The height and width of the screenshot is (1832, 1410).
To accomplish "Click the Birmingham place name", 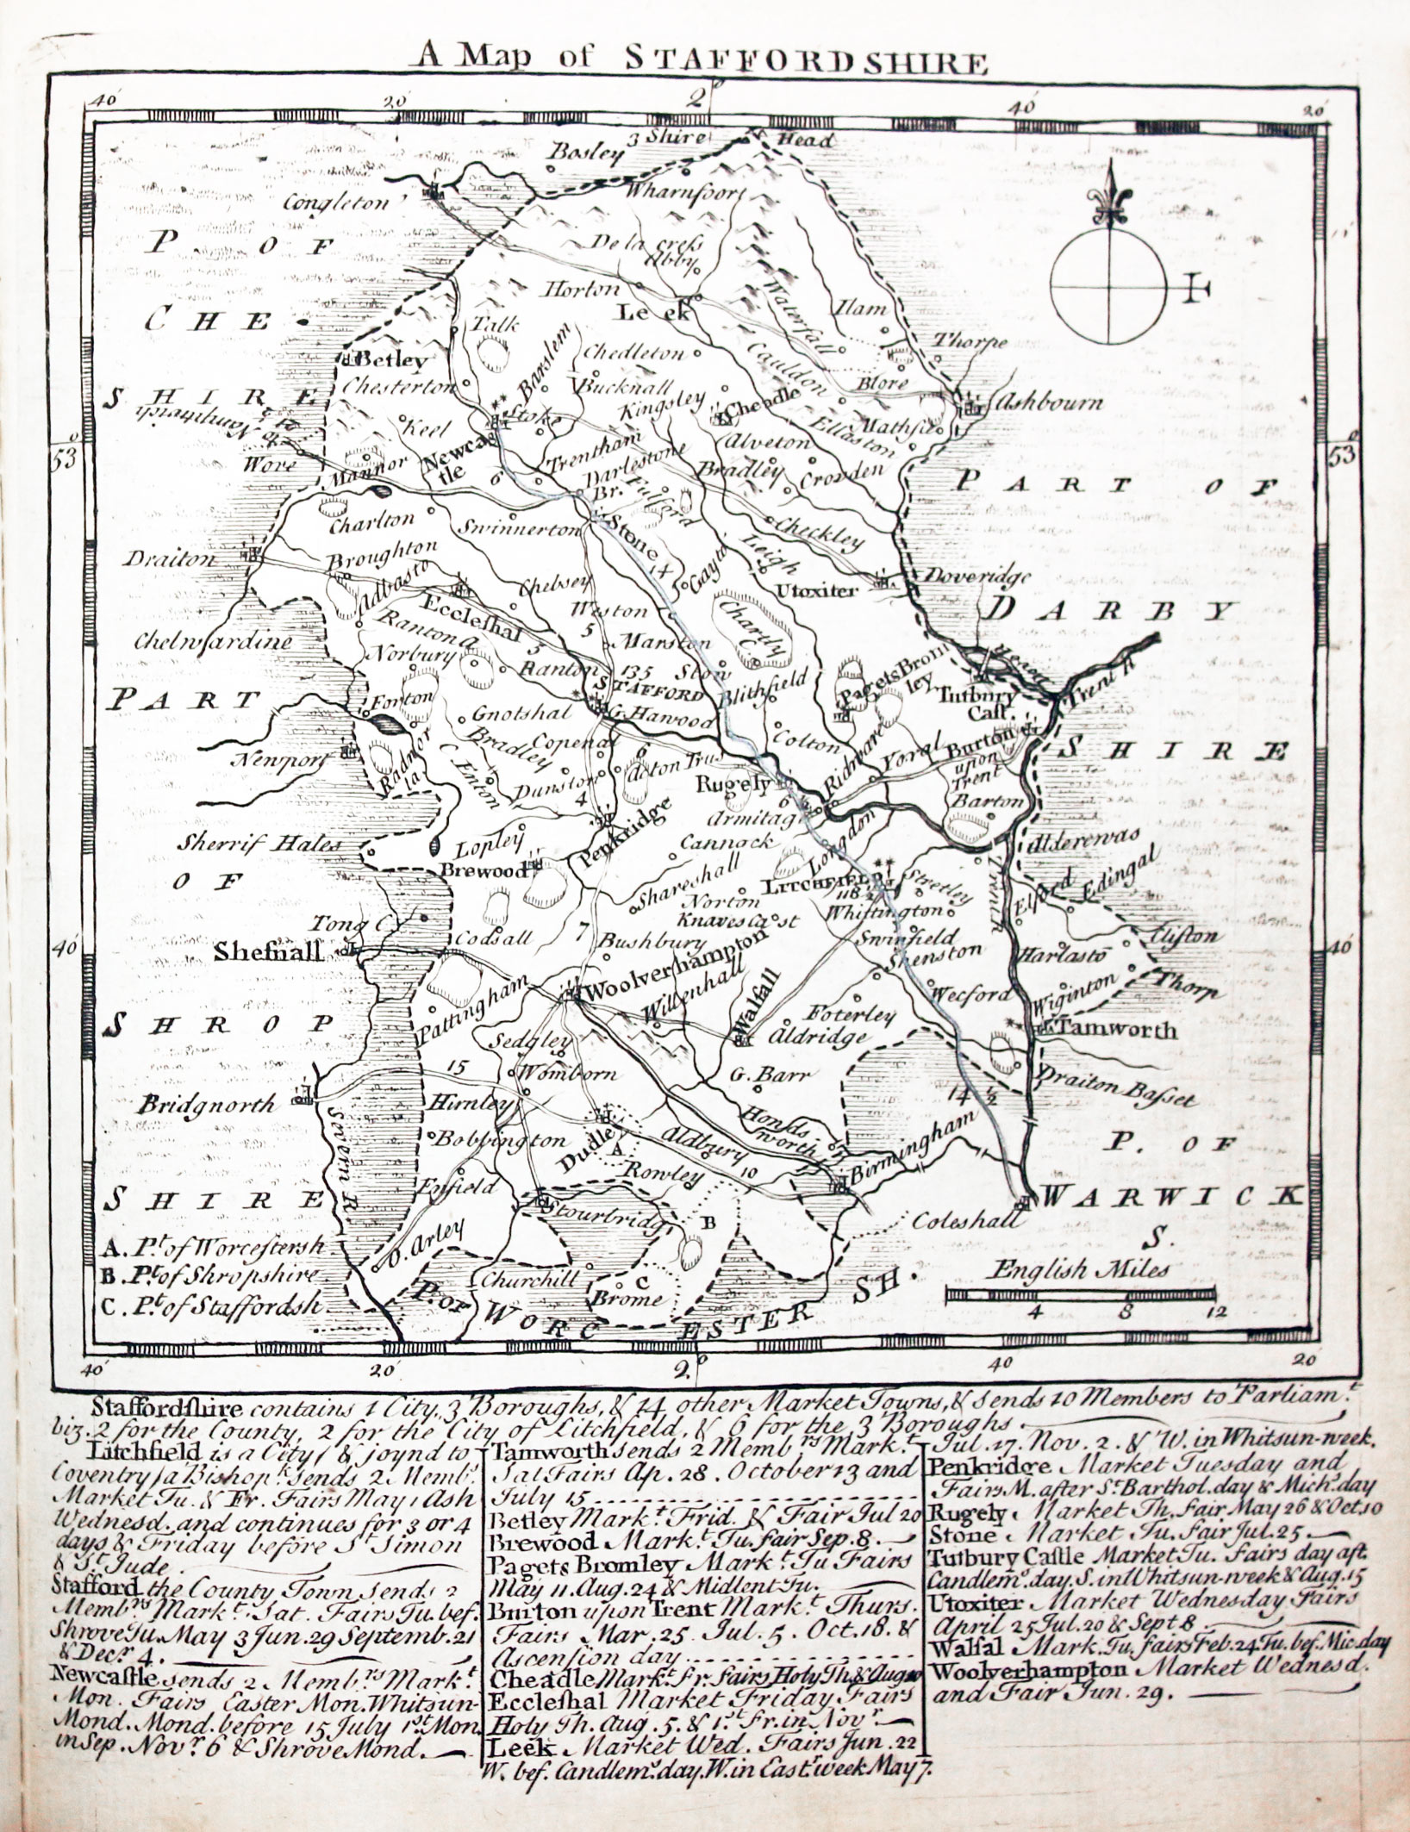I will pos(915,1150).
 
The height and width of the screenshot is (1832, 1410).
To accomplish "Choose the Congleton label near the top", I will pos(338,203).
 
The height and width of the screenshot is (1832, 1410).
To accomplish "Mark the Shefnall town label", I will pos(268,952).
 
